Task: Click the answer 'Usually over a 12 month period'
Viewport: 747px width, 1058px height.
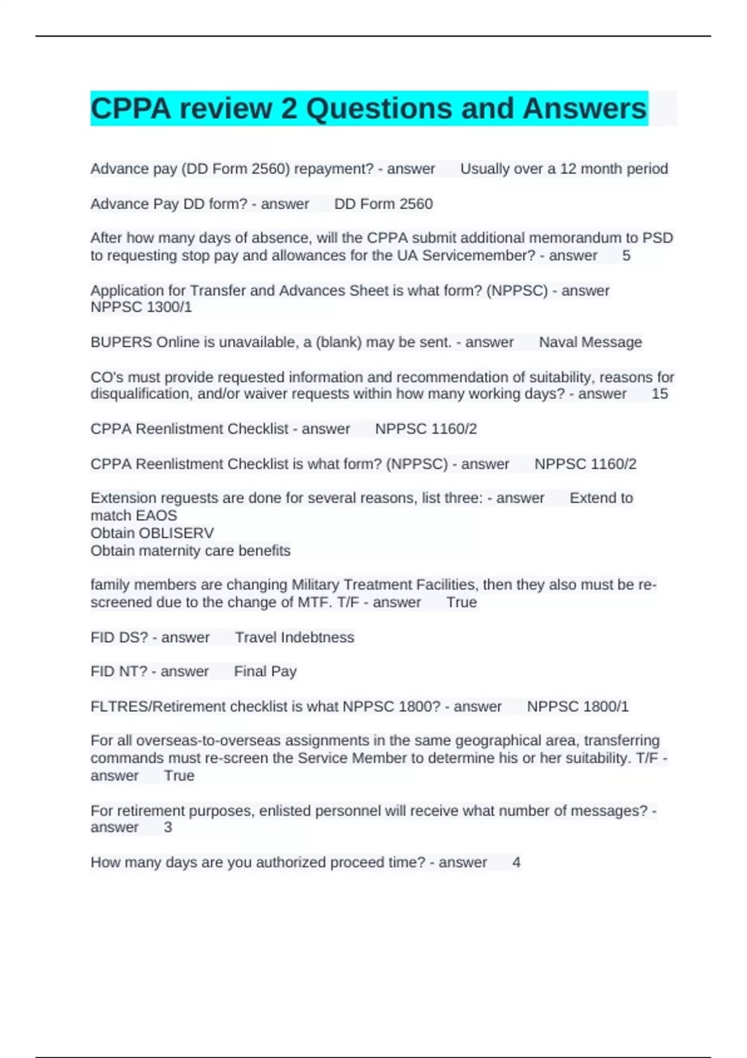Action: (x=563, y=169)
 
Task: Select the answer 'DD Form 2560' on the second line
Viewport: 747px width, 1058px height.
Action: (x=383, y=204)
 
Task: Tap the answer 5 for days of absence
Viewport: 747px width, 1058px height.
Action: (x=626, y=256)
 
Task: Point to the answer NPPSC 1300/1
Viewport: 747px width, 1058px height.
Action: (x=141, y=307)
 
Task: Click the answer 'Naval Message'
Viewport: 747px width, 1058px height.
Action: (x=590, y=342)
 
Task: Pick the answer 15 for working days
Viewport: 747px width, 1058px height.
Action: (x=659, y=394)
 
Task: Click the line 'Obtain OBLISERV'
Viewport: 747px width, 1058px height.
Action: (x=152, y=533)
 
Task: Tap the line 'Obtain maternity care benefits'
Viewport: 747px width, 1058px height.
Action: (x=190, y=551)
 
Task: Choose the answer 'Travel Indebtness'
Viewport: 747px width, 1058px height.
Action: (x=294, y=637)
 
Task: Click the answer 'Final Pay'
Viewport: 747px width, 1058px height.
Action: (x=265, y=672)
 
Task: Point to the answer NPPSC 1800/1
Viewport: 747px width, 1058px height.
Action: (x=578, y=707)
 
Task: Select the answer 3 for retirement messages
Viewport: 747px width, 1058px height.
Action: (x=167, y=828)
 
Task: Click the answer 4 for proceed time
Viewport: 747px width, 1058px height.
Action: (x=516, y=863)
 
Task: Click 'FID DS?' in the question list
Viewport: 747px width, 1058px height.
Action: (x=119, y=637)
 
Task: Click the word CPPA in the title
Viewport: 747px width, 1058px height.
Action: (x=131, y=109)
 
